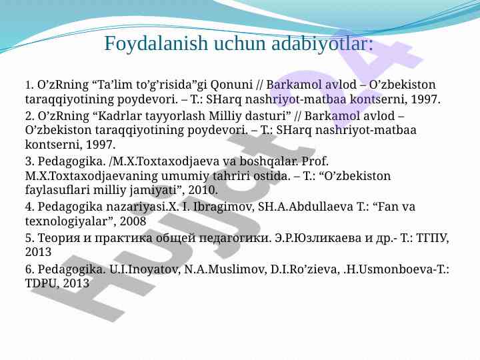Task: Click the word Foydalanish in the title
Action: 156,43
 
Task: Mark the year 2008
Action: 133,221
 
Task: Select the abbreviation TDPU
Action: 40,283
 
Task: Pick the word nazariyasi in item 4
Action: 133,207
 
